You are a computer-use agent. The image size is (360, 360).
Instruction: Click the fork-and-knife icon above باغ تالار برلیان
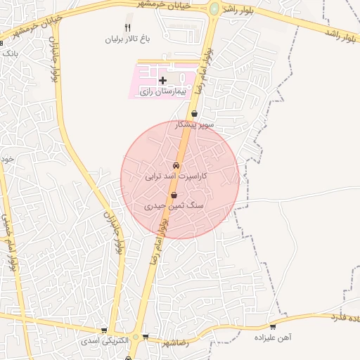click(x=127, y=28)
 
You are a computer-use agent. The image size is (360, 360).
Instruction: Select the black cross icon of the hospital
click(x=163, y=81)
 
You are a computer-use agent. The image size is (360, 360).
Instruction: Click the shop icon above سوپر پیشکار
click(x=195, y=113)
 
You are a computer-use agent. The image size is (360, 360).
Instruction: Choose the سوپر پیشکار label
click(x=195, y=124)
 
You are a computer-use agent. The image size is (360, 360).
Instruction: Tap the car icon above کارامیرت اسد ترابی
click(x=176, y=166)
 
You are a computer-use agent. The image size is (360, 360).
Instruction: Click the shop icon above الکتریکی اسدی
click(x=104, y=330)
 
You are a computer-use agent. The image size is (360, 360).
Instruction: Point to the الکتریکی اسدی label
click(x=104, y=340)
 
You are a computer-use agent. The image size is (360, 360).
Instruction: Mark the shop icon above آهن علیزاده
click(x=273, y=327)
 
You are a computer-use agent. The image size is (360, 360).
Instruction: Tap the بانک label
click(x=8, y=52)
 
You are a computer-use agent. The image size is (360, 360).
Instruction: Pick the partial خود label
click(x=7, y=160)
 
